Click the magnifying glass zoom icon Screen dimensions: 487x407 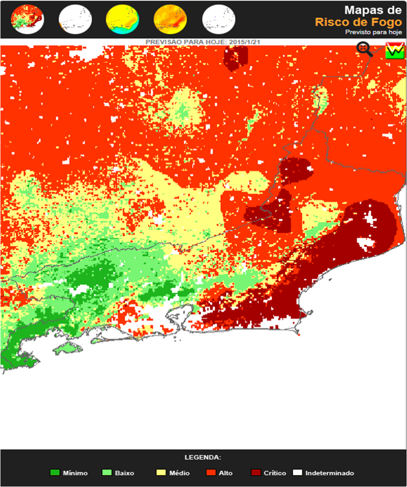pyautogui.click(x=365, y=49)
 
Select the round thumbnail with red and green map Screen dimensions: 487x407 pyautogui.click(x=27, y=20)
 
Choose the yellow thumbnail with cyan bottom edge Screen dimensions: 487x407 pyautogui.click(x=122, y=20)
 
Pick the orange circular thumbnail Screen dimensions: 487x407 pyautogui.click(x=170, y=20)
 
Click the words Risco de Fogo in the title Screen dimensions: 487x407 pyautogui.click(x=358, y=22)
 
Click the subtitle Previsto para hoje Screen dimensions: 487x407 pyautogui.click(x=373, y=32)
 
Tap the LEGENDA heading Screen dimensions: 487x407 pyautogui.click(x=203, y=457)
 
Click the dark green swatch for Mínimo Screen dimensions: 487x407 pyautogui.click(x=54, y=473)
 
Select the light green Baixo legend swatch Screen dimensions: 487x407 pyautogui.click(x=107, y=473)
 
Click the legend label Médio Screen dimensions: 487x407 pyautogui.click(x=179, y=473)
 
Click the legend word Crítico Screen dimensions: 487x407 pyautogui.click(x=275, y=473)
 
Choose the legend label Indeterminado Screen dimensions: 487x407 pyautogui.click(x=330, y=473)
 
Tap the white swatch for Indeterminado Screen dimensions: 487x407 pyautogui.click(x=297, y=473)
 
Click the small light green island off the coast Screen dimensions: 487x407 pyautogui.click(x=66, y=348)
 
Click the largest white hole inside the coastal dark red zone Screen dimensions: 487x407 pyautogui.click(x=366, y=243)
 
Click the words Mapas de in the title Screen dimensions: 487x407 pyautogui.click(x=372, y=10)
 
